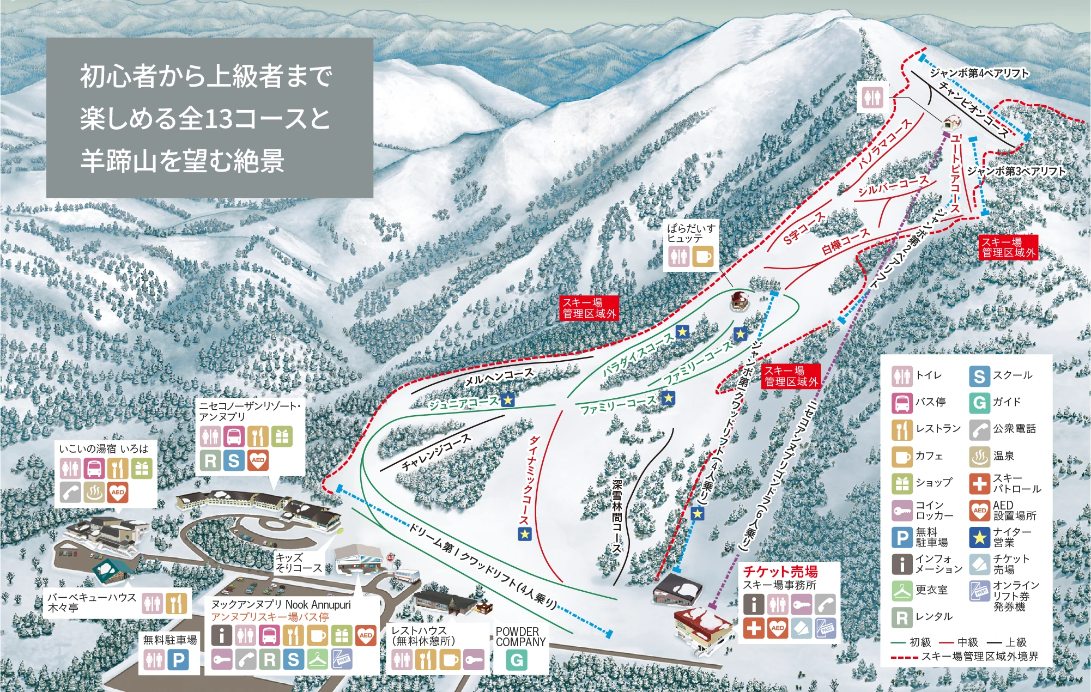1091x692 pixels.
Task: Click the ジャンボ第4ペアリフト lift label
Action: click(x=979, y=73)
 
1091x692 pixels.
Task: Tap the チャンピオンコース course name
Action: click(x=973, y=110)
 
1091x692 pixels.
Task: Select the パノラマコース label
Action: click(x=885, y=143)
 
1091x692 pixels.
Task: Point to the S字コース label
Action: click(x=804, y=228)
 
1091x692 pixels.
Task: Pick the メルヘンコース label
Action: click(x=499, y=377)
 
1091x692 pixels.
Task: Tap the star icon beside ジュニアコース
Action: click(x=508, y=400)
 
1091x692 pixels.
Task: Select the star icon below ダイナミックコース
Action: click(x=524, y=534)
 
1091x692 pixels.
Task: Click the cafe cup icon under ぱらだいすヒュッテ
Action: click(x=702, y=257)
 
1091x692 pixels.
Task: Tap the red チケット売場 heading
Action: click(x=780, y=572)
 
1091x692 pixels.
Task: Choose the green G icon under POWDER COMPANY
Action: click(x=516, y=660)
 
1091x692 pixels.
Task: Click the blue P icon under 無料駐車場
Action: click(x=178, y=660)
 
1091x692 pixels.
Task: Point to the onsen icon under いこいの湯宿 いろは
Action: click(x=94, y=493)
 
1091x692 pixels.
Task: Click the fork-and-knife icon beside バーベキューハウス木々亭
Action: click(x=176, y=604)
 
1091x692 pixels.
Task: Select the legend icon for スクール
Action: click(x=979, y=376)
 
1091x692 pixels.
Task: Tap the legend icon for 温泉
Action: click(x=979, y=457)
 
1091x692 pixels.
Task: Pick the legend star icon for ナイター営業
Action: click(x=979, y=537)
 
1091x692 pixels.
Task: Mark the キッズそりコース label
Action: click(x=298, y=562)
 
